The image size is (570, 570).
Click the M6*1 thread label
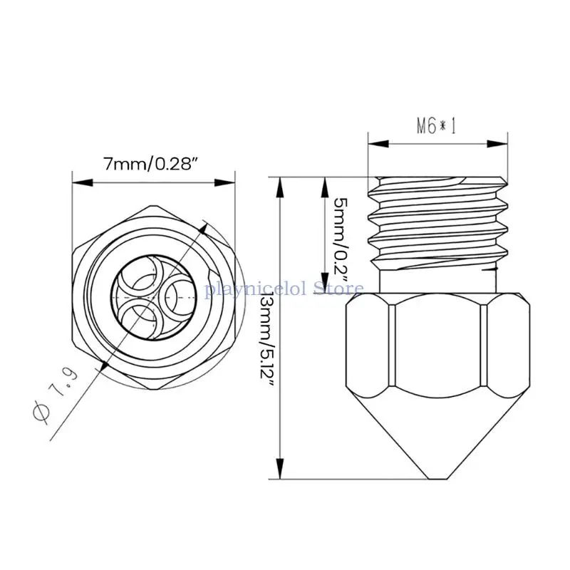[436, 126]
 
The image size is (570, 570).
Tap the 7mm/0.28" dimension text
[152, 164]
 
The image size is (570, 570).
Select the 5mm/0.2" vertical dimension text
[341, 240]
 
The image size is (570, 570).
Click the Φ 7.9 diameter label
[56, 393]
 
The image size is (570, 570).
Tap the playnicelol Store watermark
[284, 289]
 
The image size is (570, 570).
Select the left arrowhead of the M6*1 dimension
[378, 144]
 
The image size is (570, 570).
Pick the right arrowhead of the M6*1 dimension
[497, 144]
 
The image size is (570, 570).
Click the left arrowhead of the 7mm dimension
[83, 182]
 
